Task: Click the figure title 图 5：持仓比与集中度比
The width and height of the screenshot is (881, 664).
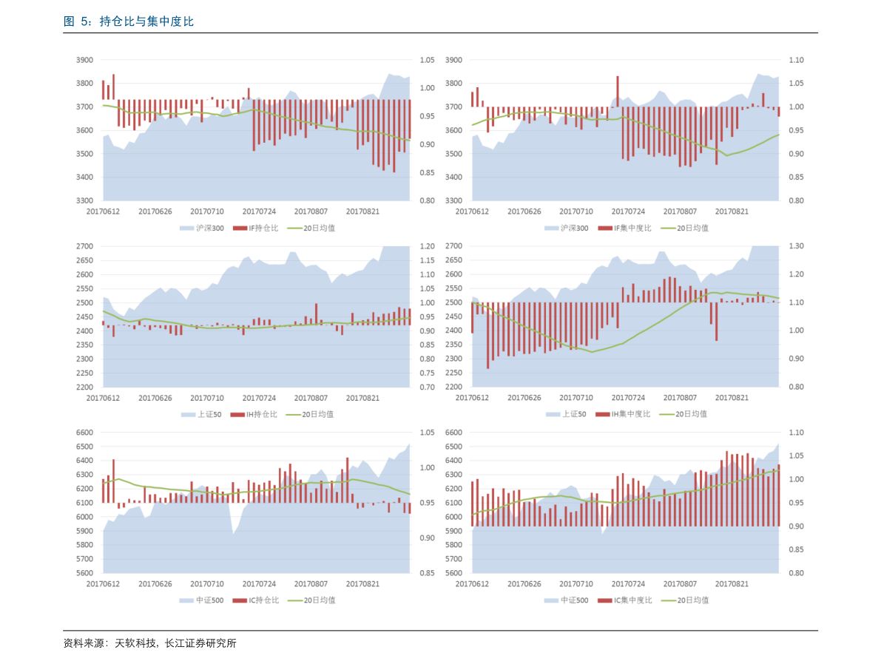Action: point(129,22)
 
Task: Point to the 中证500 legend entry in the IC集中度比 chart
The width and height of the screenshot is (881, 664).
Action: point(574,600)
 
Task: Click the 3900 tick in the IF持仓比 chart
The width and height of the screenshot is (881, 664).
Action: point(84,60)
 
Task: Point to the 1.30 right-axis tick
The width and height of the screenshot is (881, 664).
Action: point(796,246)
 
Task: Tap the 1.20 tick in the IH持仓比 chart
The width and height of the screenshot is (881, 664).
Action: point(428,246)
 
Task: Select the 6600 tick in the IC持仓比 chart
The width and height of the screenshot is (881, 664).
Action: point(84,433)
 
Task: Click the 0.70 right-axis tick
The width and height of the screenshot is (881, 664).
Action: point(428,387)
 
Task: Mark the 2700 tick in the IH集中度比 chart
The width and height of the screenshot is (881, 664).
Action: point(453,246)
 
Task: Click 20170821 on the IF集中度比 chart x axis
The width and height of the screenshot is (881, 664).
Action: point(732,211)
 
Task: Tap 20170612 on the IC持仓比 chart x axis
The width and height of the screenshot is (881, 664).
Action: point(103,584)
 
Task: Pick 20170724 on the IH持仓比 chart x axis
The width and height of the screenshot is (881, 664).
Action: point(259,398)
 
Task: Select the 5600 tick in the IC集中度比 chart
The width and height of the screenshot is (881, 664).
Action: point(453,573)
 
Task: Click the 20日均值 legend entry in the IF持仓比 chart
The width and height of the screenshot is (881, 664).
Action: point(319,228)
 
